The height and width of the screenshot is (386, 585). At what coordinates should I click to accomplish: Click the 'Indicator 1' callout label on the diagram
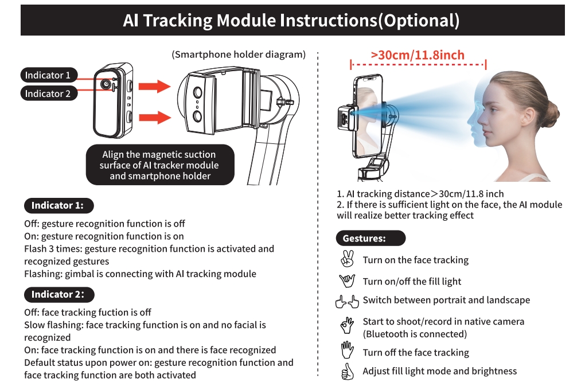[48, 75]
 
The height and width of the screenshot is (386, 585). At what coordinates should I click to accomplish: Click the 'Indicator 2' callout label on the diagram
[48, 93]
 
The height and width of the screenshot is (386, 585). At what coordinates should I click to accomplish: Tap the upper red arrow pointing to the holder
[155, 87]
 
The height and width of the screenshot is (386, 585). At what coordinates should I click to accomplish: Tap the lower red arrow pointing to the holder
[155, 117]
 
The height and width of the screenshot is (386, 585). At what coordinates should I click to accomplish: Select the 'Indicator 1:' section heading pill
[57, 205]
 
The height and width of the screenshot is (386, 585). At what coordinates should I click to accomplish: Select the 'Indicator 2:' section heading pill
[58, 294]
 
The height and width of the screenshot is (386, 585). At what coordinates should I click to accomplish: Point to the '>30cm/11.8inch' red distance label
[418, 56]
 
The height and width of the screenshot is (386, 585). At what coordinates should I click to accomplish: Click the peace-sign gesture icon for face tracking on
[347, 259]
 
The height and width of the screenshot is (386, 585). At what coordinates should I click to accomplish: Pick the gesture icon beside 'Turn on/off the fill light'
[347, 281]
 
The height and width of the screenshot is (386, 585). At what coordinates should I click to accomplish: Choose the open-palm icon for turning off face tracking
[347, 350]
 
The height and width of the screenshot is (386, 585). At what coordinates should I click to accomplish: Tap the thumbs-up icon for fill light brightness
[347, 372]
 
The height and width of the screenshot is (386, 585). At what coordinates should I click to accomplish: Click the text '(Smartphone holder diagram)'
[238, 55]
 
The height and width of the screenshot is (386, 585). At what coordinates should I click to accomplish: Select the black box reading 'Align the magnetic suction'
[159, 165]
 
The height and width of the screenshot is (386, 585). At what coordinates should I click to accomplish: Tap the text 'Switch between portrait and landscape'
[446, 300]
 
